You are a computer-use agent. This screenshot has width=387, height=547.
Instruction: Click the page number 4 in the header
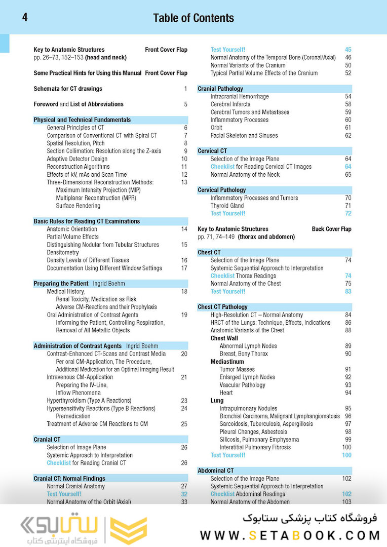click(x=25, y=18)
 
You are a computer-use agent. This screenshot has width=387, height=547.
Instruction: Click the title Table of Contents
click(x=193, y=18)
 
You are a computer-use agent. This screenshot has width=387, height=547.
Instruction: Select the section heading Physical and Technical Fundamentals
click(x=82, y=120)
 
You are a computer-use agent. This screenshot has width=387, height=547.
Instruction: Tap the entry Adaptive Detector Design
click(x=77, y=159)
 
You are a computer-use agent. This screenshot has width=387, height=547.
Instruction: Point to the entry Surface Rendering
click(x=78, y=206)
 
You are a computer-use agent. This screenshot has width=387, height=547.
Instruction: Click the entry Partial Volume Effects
click(x=72, y=237)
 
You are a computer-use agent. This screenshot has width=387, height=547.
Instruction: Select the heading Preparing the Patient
click(x=60, y=284)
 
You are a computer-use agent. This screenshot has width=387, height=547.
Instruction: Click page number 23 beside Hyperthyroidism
click(x=184, y=401)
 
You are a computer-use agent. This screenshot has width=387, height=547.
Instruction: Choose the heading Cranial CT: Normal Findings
click(x=69, y=479)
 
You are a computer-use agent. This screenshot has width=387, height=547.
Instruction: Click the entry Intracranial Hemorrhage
click(x=240, y=96)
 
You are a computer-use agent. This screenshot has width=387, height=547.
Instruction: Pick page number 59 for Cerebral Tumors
click(x=348, y=112)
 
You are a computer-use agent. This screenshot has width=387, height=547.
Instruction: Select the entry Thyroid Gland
click(x=227, y=206)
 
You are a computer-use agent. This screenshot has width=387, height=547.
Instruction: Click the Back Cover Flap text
click(x=331, y=229)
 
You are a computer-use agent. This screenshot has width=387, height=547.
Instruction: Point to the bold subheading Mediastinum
click(x=227, y=362)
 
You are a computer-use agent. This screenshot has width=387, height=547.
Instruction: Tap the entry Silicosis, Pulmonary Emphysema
click(x=259, y=440)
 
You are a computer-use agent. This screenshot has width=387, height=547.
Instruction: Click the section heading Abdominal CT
click(x=215, y=471)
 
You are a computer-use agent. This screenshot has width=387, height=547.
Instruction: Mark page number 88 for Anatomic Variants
click(x=348, y=330)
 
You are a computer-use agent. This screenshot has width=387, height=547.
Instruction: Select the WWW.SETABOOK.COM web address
click(x=290, y=535)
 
